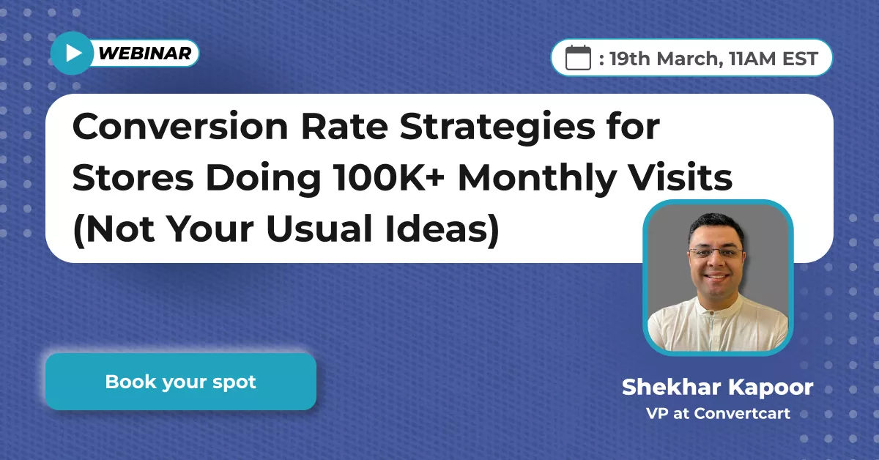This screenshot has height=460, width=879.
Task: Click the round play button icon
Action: (x=72, y=53)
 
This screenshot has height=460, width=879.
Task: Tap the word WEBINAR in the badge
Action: (x=144, y=53)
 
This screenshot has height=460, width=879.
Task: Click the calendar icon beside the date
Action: (x=579, y=57)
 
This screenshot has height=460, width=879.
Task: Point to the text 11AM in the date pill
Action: (x=748, y=59)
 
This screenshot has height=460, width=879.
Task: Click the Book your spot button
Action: (x=180, y=382)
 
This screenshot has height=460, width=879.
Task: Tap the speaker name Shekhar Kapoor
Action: (x=717, y=387)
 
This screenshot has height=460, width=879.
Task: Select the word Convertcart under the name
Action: (x=742, y=413)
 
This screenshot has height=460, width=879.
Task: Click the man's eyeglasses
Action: (x=716, y=252)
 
